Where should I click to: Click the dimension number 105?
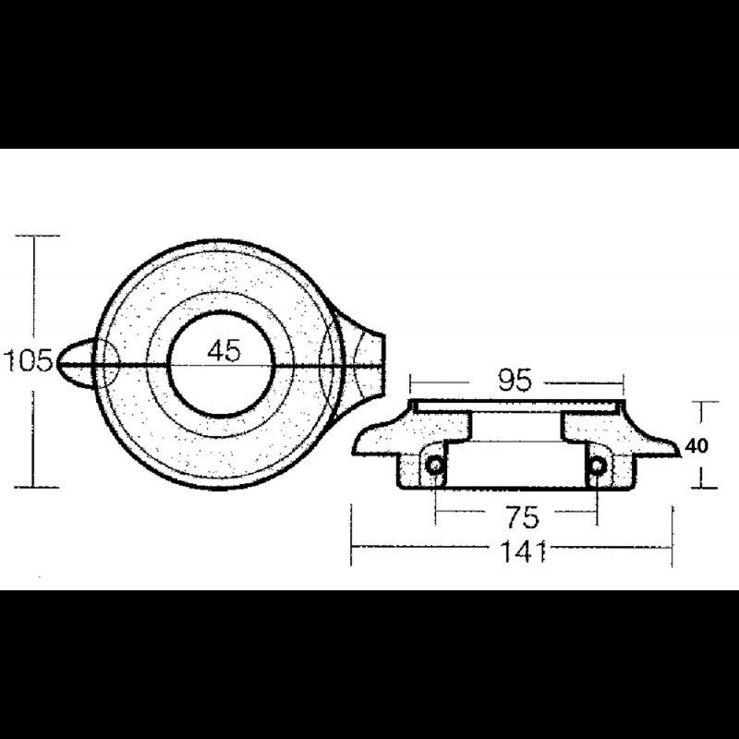click(x=29, y=359)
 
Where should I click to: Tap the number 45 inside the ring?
click(x=224, y=350)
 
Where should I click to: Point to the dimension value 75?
click(x=517, y=515)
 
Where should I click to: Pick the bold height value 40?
click(x=697, y=446)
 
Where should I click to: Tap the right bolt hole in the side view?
click(x=598, y=466)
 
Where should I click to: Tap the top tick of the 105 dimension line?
click(x=33, y=236)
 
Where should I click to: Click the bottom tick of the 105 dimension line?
click(x=33, y=487)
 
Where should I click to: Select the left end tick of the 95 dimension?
click(x=412, y=380)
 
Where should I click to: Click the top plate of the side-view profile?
click(x=517, y=406)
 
